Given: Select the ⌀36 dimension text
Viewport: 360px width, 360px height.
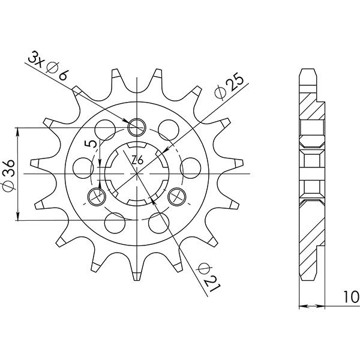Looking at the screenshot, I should tap(8, 174).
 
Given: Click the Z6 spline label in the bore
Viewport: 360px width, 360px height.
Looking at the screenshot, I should tap(137, 160).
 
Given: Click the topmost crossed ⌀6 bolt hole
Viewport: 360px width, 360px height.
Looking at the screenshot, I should tap(137, 127).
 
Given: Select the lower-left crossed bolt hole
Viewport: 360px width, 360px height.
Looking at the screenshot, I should tap(97, 196).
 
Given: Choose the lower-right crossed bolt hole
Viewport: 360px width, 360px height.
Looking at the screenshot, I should tap(178, 196).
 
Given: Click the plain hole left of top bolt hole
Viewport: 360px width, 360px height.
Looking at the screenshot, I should tap(106, 129).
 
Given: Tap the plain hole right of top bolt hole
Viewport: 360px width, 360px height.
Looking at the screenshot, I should tap(169, 129).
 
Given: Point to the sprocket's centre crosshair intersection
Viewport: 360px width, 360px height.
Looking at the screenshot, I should tap(137, 173).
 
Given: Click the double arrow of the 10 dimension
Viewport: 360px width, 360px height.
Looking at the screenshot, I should tap(312, 307).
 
